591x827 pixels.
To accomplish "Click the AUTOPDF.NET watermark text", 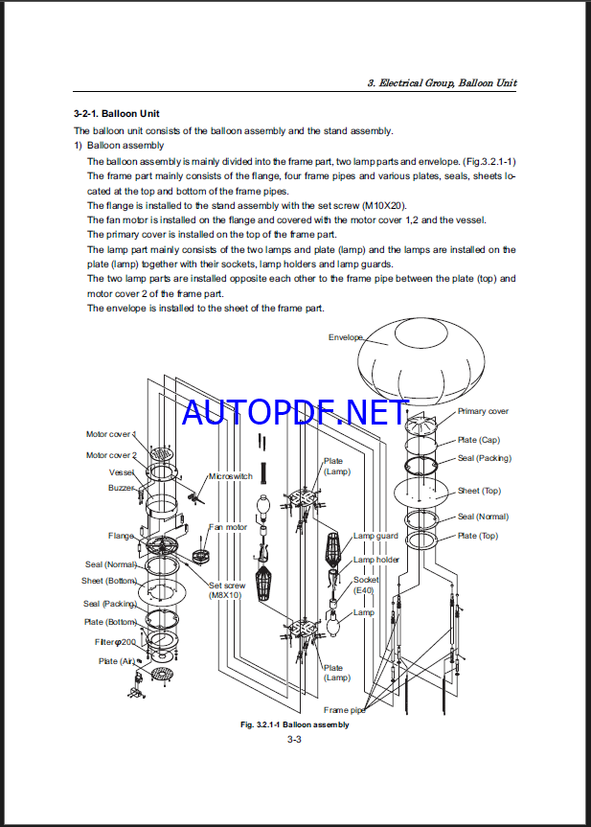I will pyautogui.click(x=295, y=412).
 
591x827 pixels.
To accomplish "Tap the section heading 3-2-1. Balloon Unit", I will pyautogui.click(x=110, y=114).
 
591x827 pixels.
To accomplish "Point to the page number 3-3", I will pyautogui.click(x=294, y=738).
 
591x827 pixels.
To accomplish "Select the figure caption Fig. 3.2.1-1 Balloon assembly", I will pyautogui.click(x=294, y=724).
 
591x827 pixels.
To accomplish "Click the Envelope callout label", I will pyautogui.click(x=346, y=337).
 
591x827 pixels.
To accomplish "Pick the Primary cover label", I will pyautogui.click(x=483, y=411).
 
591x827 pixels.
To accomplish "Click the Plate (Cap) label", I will pyautogui.click(x=478, y=440).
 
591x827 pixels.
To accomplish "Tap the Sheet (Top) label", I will pyautogui.click(x=479, y=491).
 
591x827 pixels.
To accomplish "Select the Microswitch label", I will pyautogui.click(x=232, y=476).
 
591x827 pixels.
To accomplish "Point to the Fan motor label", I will pyautogui.click(x=228, y=527).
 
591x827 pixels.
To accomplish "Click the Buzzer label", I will pyautogui.click(x=122, y=488).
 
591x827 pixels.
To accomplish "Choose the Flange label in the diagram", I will pyautogui.click(x=122, y=536).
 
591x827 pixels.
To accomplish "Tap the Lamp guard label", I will pyautogui.click(x=375, y=536).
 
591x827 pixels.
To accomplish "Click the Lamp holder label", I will pyautogui.click(x=376, y=560).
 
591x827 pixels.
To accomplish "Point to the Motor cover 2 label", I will pyautogui.click(x=111, y=455).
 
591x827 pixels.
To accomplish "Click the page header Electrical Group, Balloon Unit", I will pyautogui.click(x=442, y=83).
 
